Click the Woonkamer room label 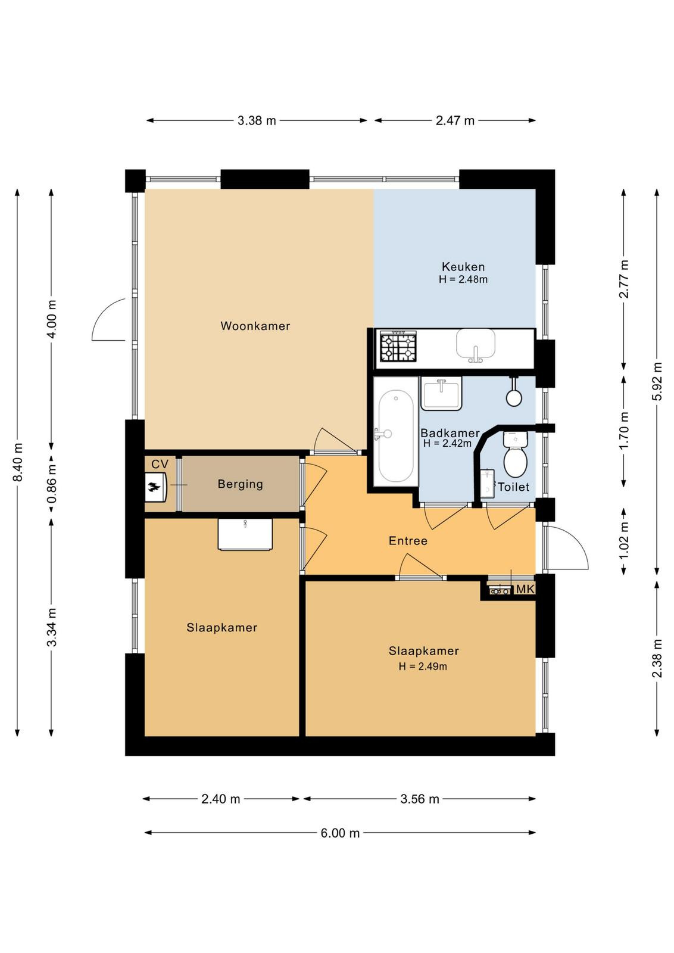[x=255, y=326]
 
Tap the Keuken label [x=463, y=267]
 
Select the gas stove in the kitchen [x=398, y=347]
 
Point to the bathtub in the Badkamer [x=395, y=435]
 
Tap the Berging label [x=241, y=484]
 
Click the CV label [x=160, y=464]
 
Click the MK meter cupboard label [x=525, y=589]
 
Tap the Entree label [x=408, y=541]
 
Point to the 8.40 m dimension [x=17, y=462]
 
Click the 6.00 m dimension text [x=340, y=833]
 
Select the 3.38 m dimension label [x=257, y=121]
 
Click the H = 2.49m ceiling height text [x=423, y=667]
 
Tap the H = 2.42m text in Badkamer [x=447, y=443]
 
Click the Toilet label [x=513, y=487]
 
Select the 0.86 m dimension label [x=51, y=483]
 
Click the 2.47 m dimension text [x=455, y=121]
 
